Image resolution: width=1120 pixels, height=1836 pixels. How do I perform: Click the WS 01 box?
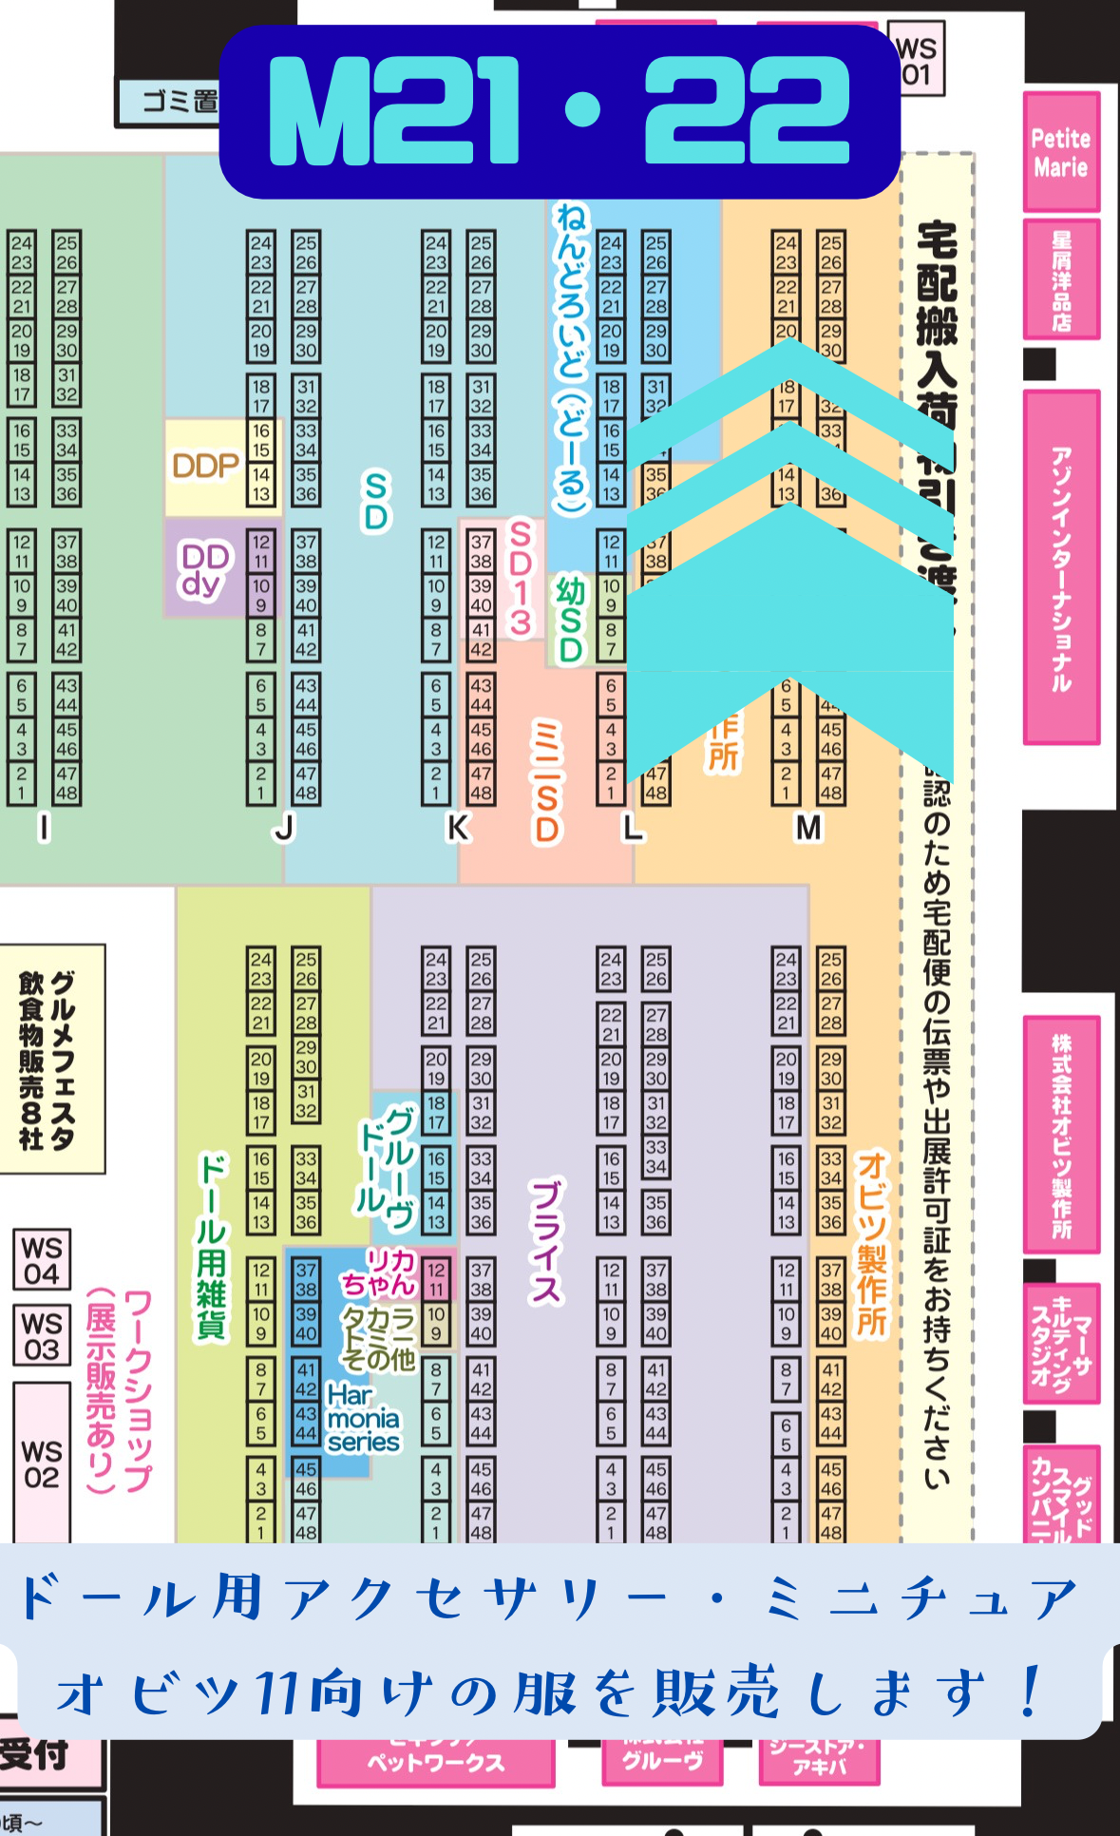tap(917, 60)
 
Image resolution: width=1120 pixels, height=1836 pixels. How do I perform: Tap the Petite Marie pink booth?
tap(1061, 152)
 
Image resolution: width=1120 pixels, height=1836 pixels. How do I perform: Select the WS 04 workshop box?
tap(42, 1260)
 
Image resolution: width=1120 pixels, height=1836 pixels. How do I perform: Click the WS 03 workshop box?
tap(42, 1335)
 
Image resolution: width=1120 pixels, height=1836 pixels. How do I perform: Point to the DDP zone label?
tap(204, 466)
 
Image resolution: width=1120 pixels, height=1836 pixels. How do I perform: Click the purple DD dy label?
tap(204, 569)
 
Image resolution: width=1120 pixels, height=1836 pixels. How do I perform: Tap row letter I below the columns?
tap(44, 828)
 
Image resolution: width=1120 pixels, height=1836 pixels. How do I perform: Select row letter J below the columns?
tap(284, 828)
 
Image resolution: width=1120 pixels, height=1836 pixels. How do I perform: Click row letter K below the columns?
tap(458, 828)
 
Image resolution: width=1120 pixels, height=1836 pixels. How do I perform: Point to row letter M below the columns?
tap(808, 828)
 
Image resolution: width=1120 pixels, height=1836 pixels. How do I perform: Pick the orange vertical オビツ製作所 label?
tap(870, 1245)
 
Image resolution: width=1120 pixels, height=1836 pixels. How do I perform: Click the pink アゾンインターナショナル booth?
tap(1061, 567)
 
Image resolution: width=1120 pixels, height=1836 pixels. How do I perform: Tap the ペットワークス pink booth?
tap(436, 1762)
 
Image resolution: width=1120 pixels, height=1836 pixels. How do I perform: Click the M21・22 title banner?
tap(560, 111)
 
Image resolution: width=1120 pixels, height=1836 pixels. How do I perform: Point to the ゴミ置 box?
tap(169, 102)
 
